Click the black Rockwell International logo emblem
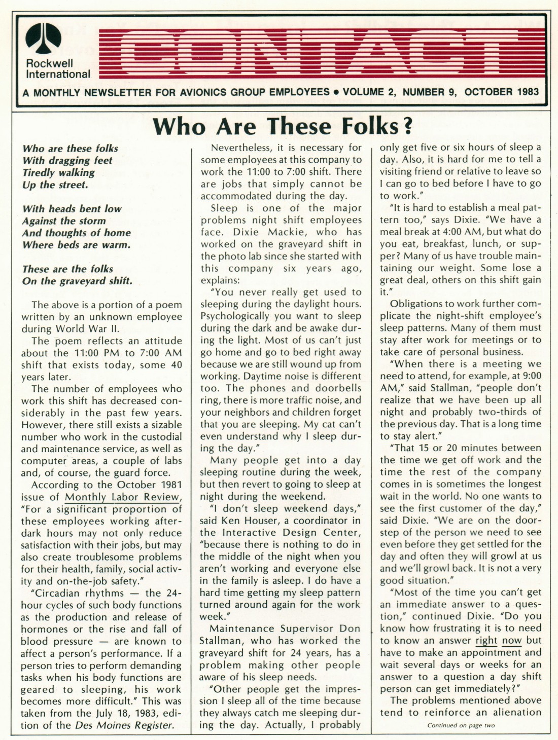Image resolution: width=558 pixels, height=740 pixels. point(43,39)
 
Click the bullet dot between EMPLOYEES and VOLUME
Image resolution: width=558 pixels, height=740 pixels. point(336,93)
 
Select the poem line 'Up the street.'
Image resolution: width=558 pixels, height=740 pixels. point(55,184)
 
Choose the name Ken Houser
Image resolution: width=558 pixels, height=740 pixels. point(257,521)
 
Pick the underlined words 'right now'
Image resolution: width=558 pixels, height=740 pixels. point(499,641)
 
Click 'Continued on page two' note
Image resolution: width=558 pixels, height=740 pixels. point(461,725)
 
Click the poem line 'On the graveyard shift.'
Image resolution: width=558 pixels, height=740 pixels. point(77,281)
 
